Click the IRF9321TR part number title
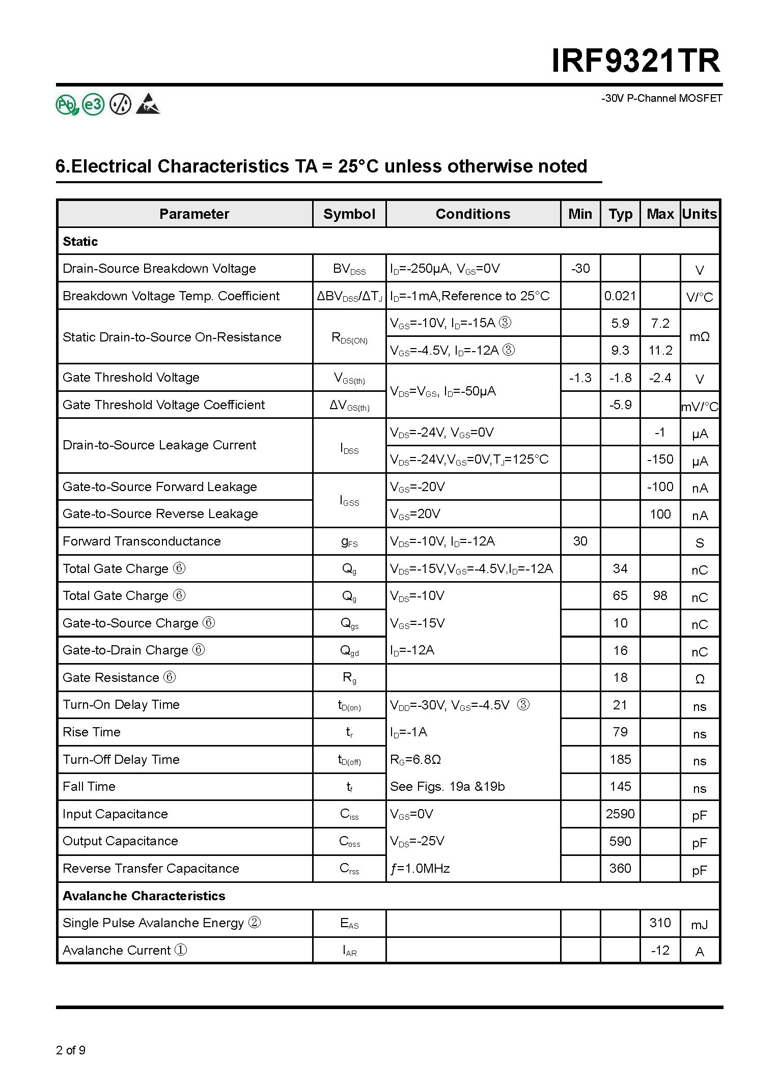pos(636,62)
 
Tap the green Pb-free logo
pos(67,105)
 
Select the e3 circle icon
pos(93,105)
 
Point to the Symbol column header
pos(349,214)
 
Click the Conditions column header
pos(472,214)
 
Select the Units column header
pos(700,214)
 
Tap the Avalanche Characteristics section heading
pos(144,896)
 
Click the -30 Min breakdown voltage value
pos(580,268)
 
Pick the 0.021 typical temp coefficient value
pos(620,296)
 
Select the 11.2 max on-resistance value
pos(660,350)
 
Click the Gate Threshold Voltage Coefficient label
pos(163,405)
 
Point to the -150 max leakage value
pos(660,459)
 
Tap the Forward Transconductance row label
pos(142,541)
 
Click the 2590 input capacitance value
pos(620,814)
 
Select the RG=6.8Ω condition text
pos(415,759)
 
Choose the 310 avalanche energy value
pos(660,923)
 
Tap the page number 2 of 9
pos(71,1050)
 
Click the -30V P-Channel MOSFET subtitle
pos(661,98)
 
